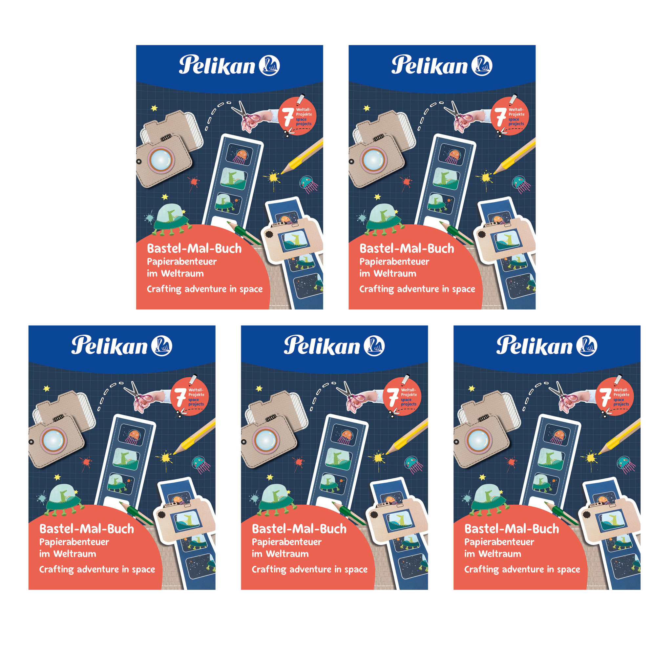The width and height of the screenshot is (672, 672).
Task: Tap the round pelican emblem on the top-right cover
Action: (x=481, y=65)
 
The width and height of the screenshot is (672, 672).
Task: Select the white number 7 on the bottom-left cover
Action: (x=180, y=397)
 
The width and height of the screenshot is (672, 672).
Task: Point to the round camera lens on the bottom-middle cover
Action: (x=266, y=440)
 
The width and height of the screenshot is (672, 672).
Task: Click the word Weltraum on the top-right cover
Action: (x=395, y=274)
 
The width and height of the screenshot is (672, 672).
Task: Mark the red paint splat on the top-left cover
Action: (x=193, y=182)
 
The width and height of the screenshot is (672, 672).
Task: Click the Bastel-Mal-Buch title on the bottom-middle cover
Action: (x=299, y=529)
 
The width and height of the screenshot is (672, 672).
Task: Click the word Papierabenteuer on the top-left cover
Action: (x=181, y=262)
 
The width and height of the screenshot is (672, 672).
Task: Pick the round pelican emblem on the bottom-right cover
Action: (x=586, y=346)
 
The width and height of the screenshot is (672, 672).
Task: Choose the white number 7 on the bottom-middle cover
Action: (x=393, y=397)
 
